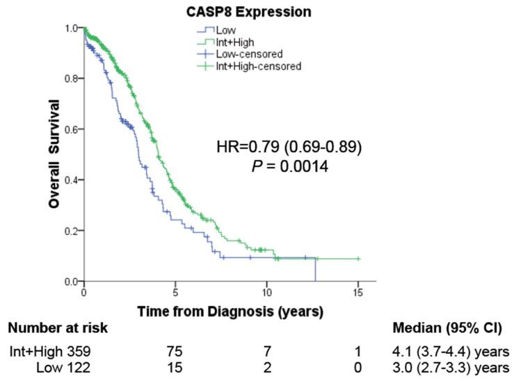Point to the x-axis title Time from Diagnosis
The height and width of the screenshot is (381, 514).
point(230,312)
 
